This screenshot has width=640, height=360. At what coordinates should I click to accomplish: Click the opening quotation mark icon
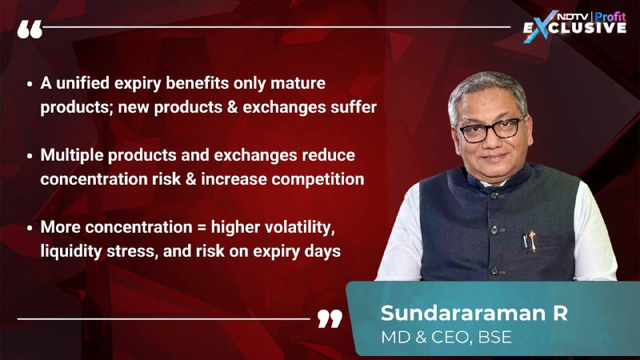[30, 30]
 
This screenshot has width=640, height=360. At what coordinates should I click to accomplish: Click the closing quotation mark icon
[330, 318]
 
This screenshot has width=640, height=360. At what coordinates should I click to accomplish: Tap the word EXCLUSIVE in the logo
[574, 28]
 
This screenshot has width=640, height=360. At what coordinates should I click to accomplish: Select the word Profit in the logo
[610, 16]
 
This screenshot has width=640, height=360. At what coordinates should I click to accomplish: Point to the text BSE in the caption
[494, 337]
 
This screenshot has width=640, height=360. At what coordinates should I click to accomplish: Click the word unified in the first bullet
[83, 83]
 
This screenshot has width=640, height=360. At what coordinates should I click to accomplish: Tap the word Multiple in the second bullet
[72, 155]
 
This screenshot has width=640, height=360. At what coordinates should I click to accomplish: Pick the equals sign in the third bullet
[202, 227]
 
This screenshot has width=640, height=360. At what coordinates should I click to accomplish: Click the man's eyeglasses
[490, 130]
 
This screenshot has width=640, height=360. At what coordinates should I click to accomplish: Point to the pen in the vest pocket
[530, 241]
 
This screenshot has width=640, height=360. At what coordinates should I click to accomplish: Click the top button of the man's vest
[495, 195]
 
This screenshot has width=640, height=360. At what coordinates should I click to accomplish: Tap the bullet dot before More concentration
[30, 228]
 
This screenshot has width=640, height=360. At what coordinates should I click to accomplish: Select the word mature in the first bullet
[298, 83]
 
